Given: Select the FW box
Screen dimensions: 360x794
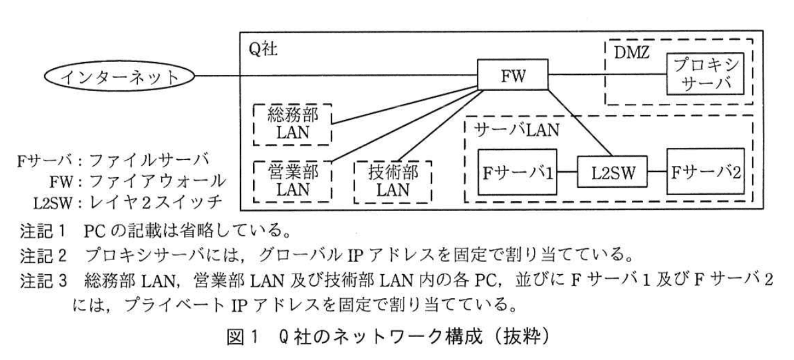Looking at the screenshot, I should coord(513,74).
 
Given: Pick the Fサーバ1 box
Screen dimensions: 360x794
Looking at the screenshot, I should coord(517,172).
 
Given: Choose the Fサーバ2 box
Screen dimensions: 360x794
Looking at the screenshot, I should coord(705,172).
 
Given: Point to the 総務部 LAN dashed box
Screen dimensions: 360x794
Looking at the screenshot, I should coord(292,124).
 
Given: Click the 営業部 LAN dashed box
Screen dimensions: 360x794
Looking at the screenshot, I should coord(292,181).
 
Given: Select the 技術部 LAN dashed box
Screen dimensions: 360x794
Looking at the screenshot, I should coord(392,181).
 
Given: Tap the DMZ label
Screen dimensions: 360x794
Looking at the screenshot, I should coord(631,53).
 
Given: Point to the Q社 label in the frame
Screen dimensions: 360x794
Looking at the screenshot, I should coord(263,49).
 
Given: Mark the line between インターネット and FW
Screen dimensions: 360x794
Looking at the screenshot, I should coord(330,75).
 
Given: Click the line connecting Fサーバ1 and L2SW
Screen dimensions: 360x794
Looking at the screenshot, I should coord(567,172).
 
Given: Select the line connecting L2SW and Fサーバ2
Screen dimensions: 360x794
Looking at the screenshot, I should coord(657,172).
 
